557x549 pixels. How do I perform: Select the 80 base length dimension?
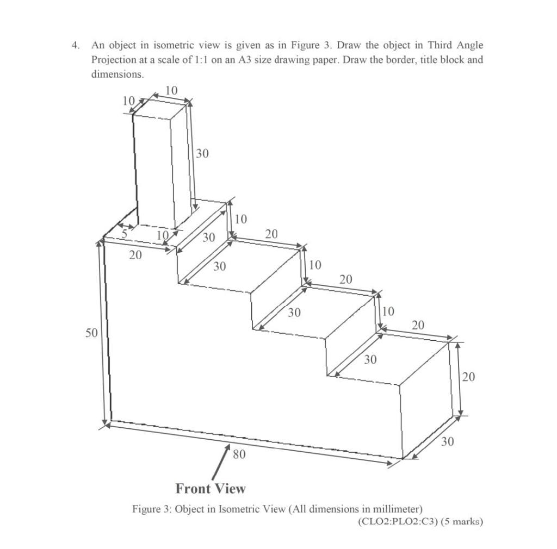[239, 454]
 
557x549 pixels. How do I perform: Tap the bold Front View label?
[211, 489]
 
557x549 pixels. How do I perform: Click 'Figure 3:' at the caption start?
[150, 509]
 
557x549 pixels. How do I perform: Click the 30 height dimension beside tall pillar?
[202, 154]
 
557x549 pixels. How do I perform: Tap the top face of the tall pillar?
[162, 108]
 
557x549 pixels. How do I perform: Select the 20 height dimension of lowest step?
[469, 377]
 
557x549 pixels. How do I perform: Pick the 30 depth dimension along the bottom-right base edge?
[447, 442]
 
